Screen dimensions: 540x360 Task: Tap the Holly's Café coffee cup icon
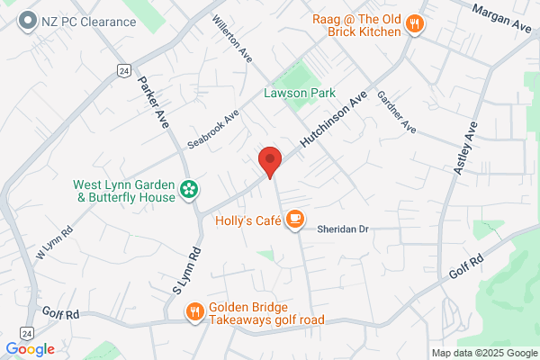tap(294, 219)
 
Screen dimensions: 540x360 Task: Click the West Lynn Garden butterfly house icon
tap(190, 189)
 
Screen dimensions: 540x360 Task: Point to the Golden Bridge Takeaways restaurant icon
tap(194, 312)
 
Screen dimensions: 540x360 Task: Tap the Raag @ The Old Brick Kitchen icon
tap(415, 24)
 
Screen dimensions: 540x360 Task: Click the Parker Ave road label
tap(153, 100)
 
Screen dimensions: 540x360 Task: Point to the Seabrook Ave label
tap(212, 130)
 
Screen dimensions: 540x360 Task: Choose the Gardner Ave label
tap(396, 112)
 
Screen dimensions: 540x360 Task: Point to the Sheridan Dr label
tap(343, 229)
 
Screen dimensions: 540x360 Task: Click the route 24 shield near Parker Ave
tap(123, 70)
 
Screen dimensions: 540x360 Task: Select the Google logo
tap(30, 349)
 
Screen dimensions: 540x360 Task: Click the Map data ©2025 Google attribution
tap(482, 352)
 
